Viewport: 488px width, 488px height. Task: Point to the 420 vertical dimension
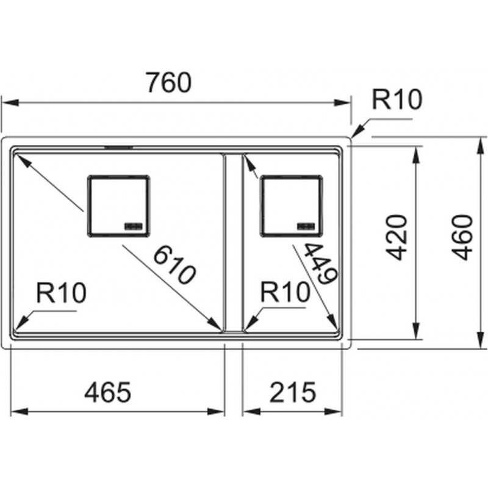397,237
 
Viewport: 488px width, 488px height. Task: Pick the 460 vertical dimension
464,237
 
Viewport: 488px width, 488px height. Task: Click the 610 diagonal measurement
174,265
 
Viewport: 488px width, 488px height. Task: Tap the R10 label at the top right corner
397,100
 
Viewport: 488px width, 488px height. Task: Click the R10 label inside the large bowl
61,294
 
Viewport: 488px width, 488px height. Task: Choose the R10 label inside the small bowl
285,293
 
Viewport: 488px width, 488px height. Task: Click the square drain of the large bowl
119,206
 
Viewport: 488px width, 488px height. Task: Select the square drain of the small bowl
292,206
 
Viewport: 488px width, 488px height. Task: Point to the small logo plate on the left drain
134,225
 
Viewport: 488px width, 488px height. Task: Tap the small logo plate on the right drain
306,225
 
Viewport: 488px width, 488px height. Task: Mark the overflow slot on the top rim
120,147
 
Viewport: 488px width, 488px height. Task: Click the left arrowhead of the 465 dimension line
15,412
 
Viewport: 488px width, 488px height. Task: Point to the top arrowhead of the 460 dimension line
478,141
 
